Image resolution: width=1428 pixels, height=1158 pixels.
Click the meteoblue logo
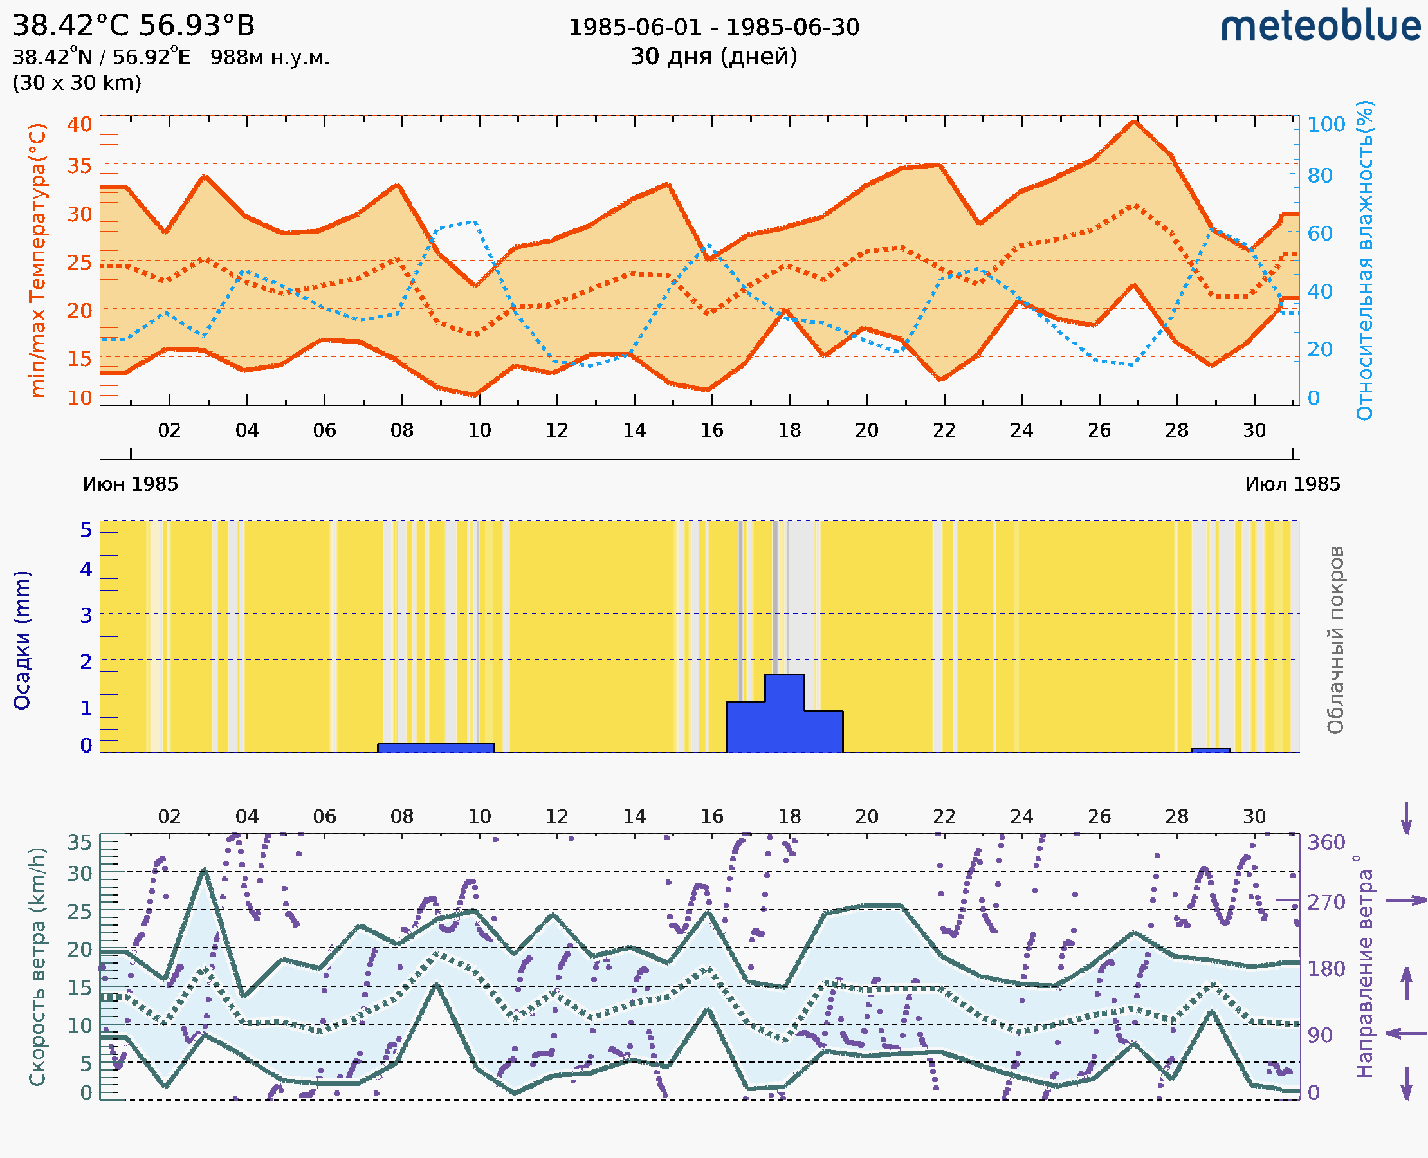click(x=1321, y=26)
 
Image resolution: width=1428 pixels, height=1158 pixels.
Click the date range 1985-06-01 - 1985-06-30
click(x=713, y=28)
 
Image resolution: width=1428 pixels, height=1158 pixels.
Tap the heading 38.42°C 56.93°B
click(x=133, y=26)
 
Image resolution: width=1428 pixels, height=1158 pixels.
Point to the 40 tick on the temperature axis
click(x=79, y=125)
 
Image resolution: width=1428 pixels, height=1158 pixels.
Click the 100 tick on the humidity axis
click(x=1326, y=125)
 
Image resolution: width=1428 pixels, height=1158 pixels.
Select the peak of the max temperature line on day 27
click(x=1134, y=122)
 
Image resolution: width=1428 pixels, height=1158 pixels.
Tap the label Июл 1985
click(x=1293, y=484)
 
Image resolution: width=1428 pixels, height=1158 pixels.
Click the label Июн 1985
click(x=131, y=484)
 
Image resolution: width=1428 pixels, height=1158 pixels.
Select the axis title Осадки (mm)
click(x=22, y=640)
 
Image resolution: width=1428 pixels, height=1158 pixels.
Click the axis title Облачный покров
click(x=1335, y=640)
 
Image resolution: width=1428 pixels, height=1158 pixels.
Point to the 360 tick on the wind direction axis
click(x=1326, y=843)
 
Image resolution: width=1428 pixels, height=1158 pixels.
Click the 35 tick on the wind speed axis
click(x=79, y=843)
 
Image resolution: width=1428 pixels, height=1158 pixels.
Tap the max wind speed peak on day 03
click(x=205, y=870)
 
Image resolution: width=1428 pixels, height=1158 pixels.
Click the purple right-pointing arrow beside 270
click(x=1406, y=901)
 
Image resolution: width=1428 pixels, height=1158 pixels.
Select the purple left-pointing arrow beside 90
click(x=1406, y=1033)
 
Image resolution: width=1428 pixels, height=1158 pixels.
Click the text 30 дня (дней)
click(x=713, y=57)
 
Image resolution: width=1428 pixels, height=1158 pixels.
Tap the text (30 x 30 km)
click(x=77, y=83)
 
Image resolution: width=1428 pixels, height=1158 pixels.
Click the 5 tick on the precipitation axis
click(x=86, y=530)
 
